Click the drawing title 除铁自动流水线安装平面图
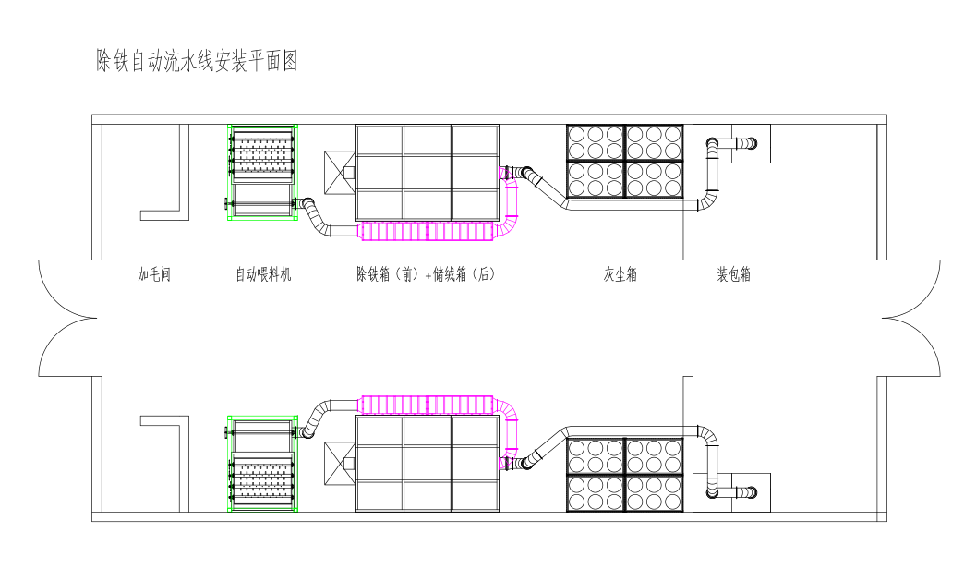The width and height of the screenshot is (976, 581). (x=197, y=62)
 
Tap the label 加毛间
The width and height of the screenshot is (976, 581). (x=154, y=274)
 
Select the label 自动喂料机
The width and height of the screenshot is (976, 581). (x=263, y=274)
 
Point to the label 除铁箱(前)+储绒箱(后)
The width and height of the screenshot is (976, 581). (x=426, y=274)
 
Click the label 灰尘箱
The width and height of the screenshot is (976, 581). (x=620, y=274)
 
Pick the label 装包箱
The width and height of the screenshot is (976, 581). (x=733, y=274)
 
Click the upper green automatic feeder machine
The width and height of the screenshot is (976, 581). (x=262, y=173)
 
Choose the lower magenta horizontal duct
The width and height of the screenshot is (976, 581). (x=430, y=405)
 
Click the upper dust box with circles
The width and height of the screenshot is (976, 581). (x=625, y=162)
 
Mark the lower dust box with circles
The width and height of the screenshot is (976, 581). (x=625, y=475)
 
